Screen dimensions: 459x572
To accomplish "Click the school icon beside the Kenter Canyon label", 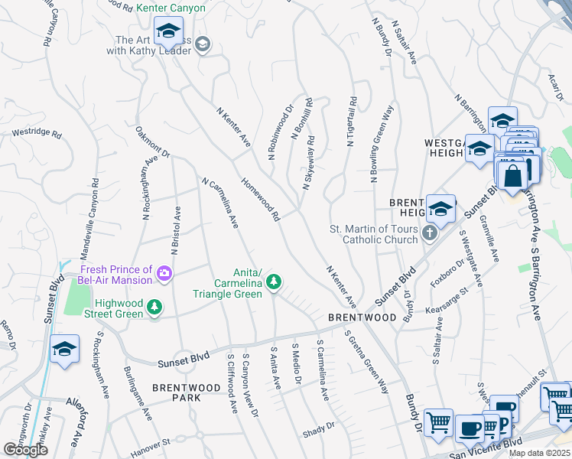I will [167, 33].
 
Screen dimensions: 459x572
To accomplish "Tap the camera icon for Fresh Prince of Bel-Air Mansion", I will [163, 272].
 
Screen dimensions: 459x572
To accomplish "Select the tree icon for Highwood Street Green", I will [155, 307].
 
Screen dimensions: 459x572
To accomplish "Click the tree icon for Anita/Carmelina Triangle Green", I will [272, 284].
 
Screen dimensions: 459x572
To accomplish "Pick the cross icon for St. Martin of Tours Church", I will [429, 233].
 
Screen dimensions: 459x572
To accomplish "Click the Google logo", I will [25, 450].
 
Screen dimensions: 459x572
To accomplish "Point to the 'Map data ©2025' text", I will [539, 453].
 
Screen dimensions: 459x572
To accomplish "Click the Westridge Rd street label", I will [36, 132].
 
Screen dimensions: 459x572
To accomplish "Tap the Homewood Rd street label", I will [260, 201].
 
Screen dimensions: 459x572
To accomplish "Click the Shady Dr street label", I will [320, 425].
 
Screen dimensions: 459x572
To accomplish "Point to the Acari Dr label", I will [556, 80].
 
